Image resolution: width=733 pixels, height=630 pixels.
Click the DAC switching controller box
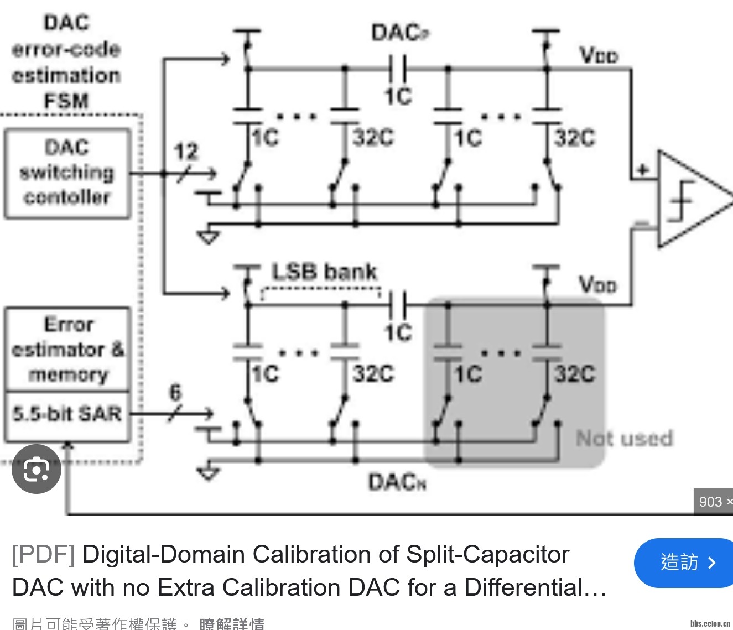[x=67, y=173]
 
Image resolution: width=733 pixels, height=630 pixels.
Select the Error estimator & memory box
[x=67, y=349]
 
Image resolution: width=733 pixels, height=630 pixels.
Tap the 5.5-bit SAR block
[x=67, y=414]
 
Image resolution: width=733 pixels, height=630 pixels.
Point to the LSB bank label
[x=324, y=272]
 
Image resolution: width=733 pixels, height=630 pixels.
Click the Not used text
[x=624, y=439]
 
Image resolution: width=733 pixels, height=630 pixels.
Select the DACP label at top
[x=399, y=33]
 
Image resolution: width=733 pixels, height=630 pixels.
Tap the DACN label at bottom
[x=397, y=482]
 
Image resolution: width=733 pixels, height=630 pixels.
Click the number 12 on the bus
[x=186, y=152]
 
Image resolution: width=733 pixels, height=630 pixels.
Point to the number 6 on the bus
[x=175, y=393]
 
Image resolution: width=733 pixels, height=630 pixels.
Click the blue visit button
[x=685, y=563]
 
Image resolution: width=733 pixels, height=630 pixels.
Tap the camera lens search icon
[x=37, y=469]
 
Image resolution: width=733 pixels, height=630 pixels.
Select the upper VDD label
[x=599, y=55]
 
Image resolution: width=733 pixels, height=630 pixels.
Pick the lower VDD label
[x=597, y=285]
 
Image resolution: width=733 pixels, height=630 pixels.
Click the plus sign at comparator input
[x=643, y=169]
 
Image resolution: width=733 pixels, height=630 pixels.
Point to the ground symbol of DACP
[x=209, y=237]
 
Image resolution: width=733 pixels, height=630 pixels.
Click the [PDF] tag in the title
[x=43, y=554]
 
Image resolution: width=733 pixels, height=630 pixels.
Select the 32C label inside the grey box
[x=575, y=373]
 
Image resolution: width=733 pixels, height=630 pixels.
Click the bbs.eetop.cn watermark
[x=710, y=623]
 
